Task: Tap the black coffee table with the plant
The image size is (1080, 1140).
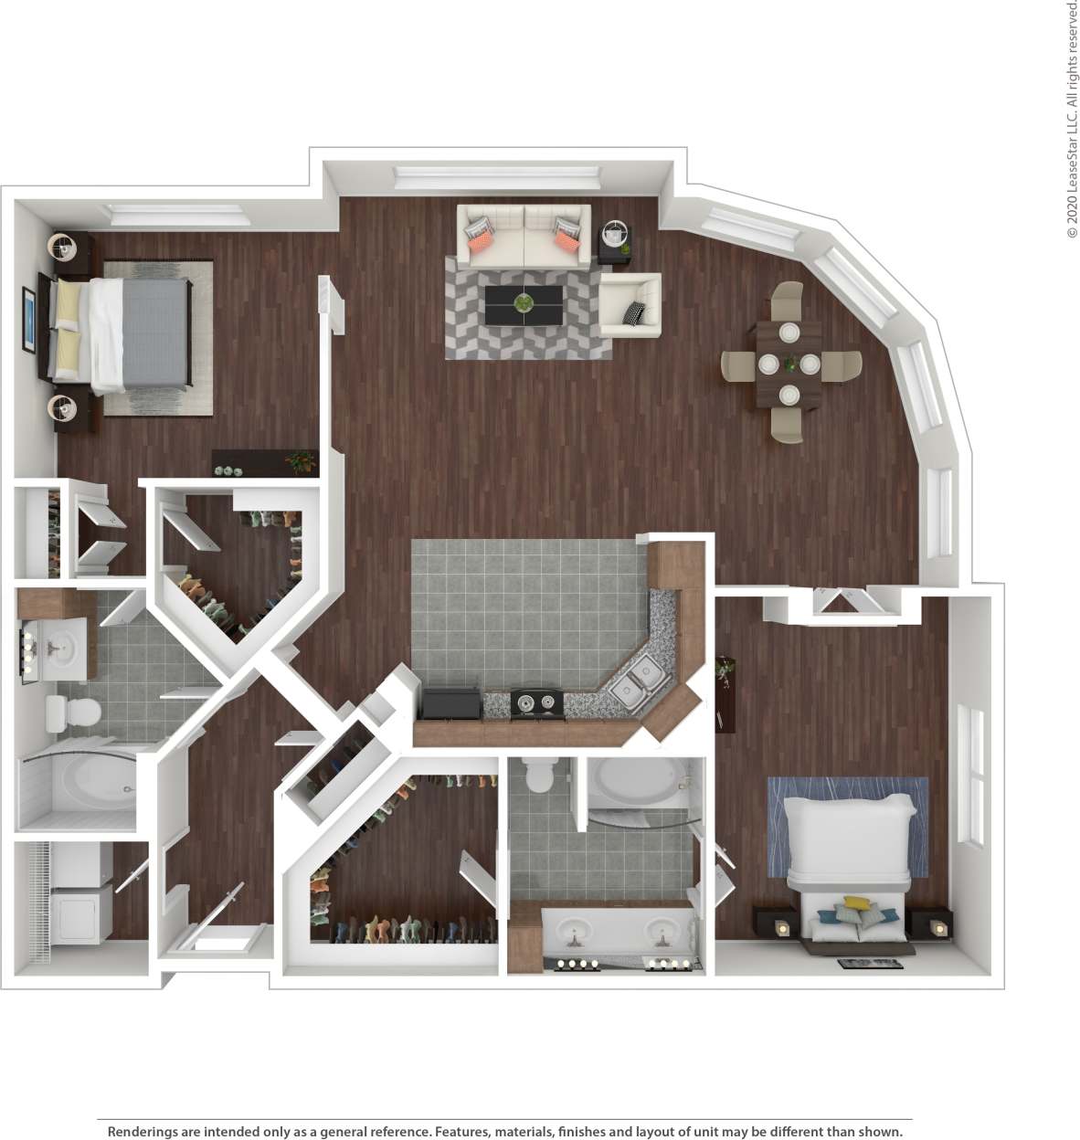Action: (x=524, y=305)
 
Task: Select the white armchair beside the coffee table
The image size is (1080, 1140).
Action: (x=630, y=305)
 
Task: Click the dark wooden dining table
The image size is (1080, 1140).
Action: (x=788, y=364)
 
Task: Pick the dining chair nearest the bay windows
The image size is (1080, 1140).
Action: (x=842, y=365)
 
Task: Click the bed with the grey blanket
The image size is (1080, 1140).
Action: (x=137, y=334)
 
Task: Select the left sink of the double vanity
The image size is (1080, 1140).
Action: (x=575, y=932)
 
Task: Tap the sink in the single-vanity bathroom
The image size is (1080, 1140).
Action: (x=60, y=649)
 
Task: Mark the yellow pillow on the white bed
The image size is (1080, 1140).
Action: (x=856, y=903)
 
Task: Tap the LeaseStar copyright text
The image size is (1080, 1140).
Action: (x=1072, y=119)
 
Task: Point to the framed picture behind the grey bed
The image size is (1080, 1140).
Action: (x=29, y=319)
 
